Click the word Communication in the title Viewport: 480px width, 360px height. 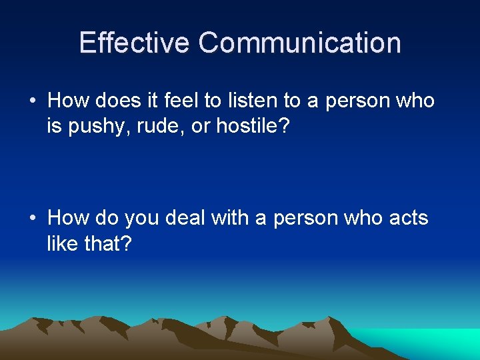pos(299,43)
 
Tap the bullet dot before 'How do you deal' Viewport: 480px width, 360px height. pos(32,219)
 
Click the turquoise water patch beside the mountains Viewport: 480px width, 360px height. pos(440,341)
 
